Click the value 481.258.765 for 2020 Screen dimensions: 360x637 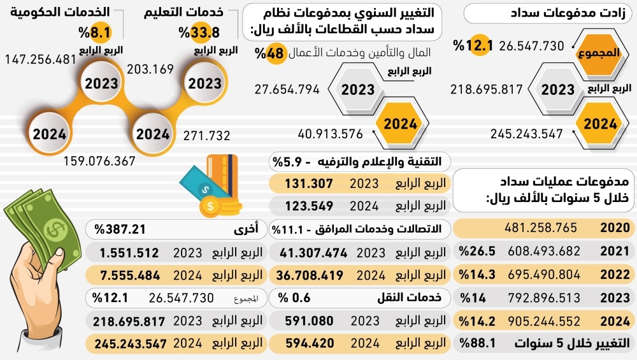click(x=541, y=228)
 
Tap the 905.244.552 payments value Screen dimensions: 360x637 click(x=541, y=321)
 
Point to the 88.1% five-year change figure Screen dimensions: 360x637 click(x=480, y=344)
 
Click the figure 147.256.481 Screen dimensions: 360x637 click(x=41, y=59)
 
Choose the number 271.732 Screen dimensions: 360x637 click(x=206, y=135)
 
